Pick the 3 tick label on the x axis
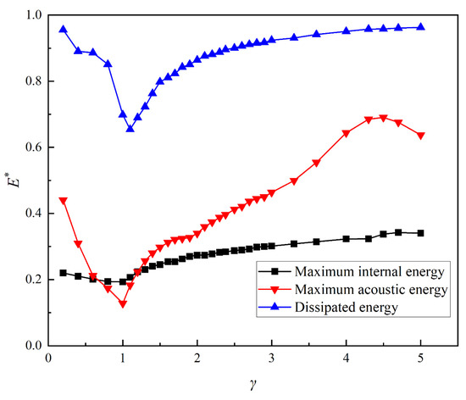pyautogui.click(x=272, y=359)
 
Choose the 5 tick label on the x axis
pyautogui.click(x=421, y=359)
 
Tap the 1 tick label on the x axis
pyautogui.click(x=123, y=359)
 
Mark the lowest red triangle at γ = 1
pyautogui.click(x=123, y=303)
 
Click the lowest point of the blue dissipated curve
pyautogui.click(x=130, y=128)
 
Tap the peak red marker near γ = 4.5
pyautogui.click(x=384, y=118)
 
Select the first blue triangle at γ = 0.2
pyautogui.click(x=64, y=29)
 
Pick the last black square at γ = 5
pyautogui.click(x=421, y=233)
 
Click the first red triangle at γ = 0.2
pyautogui.click(x=64, y=201)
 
